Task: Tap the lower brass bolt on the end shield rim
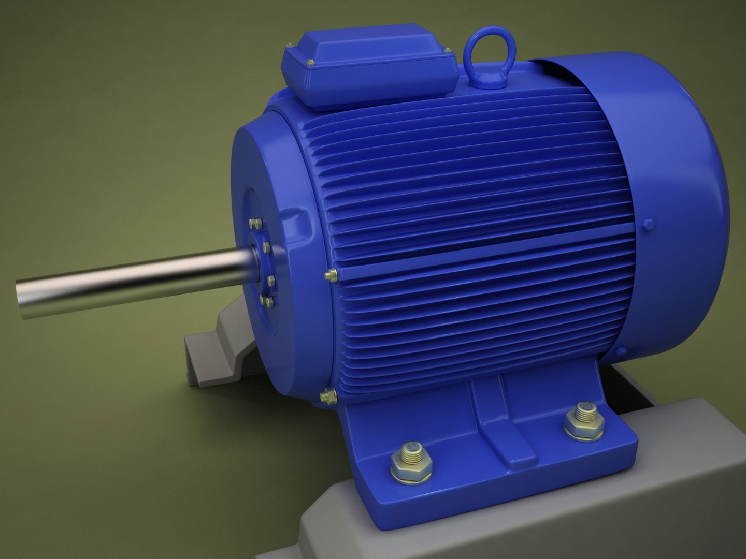click(x=328, y=396)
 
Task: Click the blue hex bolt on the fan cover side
click(x=648, y=225)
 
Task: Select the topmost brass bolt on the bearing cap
click(x=256, y=224)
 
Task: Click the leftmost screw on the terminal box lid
click(x=291, y=47)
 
